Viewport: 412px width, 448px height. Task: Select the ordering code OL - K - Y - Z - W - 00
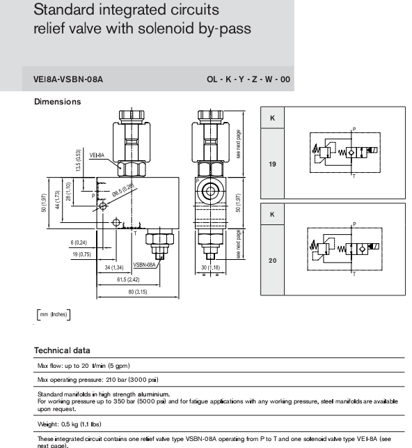coord(248,80)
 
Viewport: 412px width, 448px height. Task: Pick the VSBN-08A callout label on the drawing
coord(145,265)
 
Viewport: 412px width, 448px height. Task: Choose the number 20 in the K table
coord(273,260)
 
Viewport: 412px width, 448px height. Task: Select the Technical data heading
coord(62,350)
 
